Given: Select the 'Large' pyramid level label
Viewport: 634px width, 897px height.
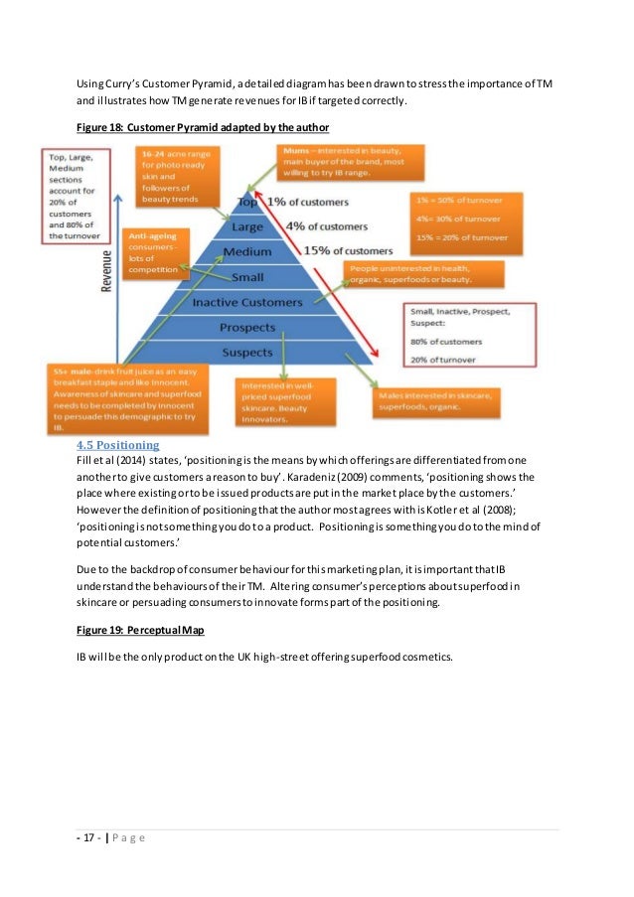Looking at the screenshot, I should coord(247,227).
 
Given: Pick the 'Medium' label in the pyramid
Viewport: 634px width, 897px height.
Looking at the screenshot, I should coord(247,252).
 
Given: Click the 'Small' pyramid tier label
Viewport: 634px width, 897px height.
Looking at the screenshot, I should coord(247,277).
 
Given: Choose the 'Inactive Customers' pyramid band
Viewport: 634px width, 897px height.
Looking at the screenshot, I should coord(246,302).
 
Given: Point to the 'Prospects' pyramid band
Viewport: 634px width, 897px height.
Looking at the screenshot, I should coord(247,327).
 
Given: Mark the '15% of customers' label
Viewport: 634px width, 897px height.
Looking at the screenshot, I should coord(348,250).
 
